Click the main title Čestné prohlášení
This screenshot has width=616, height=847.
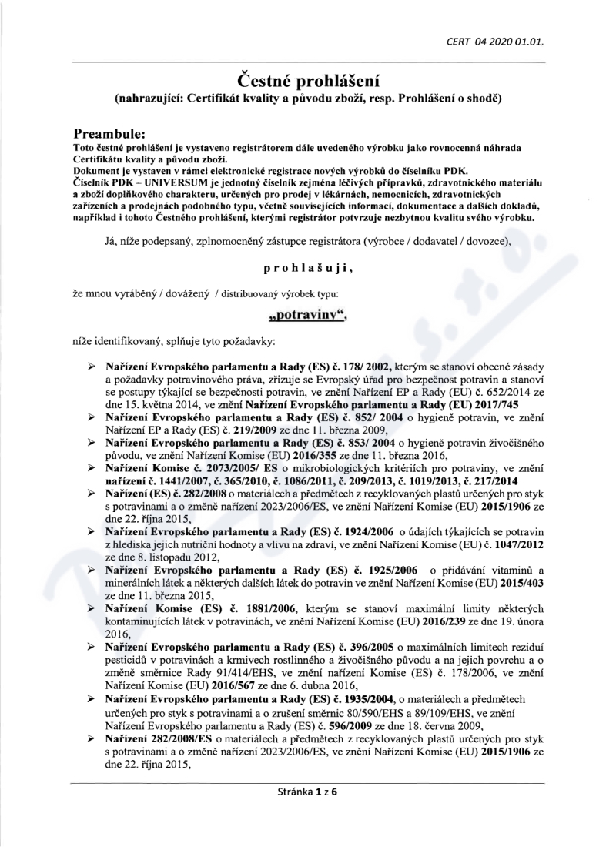click(x=308, y=79)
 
